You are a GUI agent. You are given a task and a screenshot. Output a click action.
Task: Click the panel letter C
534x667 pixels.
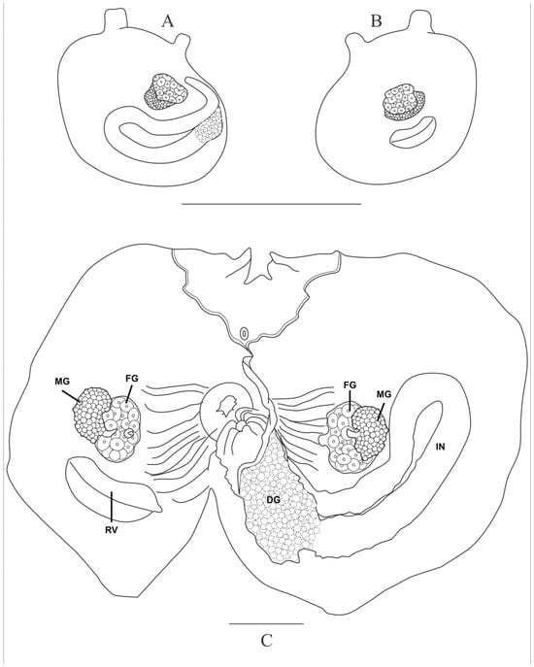pyautogui.click(x=265, y=641)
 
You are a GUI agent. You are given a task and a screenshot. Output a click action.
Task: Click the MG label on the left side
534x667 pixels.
pyautogui.click(x=63, y=386)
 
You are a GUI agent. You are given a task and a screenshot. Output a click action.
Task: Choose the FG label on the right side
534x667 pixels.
pyautogui.click(x=350, y=388)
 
